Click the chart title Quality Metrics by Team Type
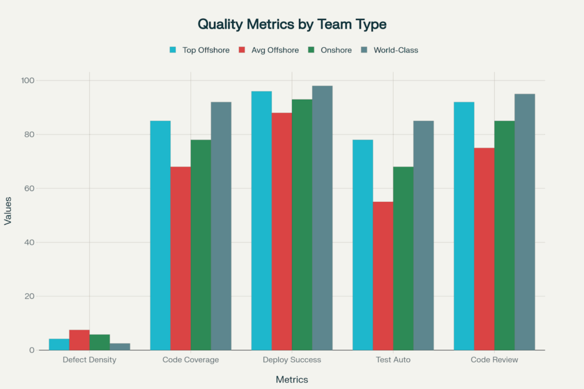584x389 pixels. pos(291,24)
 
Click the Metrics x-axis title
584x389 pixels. pos(291,379)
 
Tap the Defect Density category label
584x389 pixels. pos(90,360)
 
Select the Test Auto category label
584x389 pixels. pos(393,360)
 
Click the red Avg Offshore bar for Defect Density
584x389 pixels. pos(79,340)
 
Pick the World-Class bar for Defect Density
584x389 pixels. pos(120,347)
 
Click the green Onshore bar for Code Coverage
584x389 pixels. pos(201,245)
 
